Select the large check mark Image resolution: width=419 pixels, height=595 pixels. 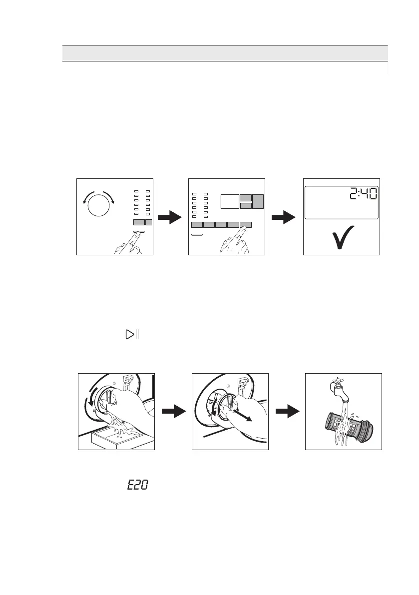(342, 237)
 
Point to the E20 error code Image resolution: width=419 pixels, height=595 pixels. (137, 485)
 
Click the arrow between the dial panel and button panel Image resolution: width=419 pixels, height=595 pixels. (169, 217)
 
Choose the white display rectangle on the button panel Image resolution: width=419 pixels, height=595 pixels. (229, 201)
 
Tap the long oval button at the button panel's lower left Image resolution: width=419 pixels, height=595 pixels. (198, 234)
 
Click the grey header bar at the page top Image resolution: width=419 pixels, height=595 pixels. (225, 53)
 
